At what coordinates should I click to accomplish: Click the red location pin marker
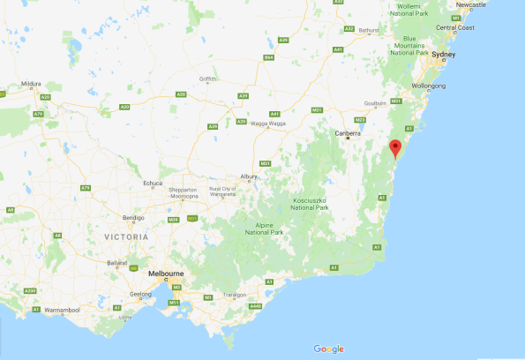pos(395,148)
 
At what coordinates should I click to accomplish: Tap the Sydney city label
pos(444,55)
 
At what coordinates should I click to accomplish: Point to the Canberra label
pos(348,133)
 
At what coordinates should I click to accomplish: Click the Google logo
pos(328,349)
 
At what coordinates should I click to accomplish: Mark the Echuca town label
pos(153,184)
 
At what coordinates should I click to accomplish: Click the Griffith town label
pos(208,79)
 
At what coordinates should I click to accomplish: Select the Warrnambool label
pos(63,311)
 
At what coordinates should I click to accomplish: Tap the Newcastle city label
pos(469,4)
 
